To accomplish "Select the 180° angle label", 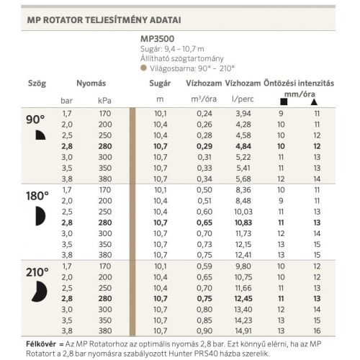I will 37,195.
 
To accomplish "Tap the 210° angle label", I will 37,271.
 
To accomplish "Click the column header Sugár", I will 160,84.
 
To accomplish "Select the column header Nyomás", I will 89,84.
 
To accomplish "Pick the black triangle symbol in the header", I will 316,102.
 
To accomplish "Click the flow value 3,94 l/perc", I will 243,114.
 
